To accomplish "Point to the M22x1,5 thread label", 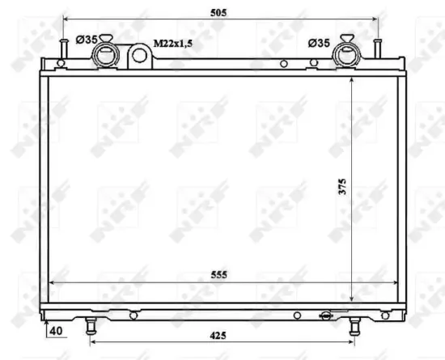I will (x=172, y=41).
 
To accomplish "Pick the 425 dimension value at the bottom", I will (x=219, y=335).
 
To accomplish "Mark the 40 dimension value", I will (x=55, y=330).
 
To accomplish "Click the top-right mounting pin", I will (x=377, y=48).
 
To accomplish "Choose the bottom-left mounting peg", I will (x=90, y=326).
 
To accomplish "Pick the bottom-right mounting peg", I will (x=354, y=325).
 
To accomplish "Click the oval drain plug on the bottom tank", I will (x=326, y=316).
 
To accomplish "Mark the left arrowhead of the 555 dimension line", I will (x=53, y=283).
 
